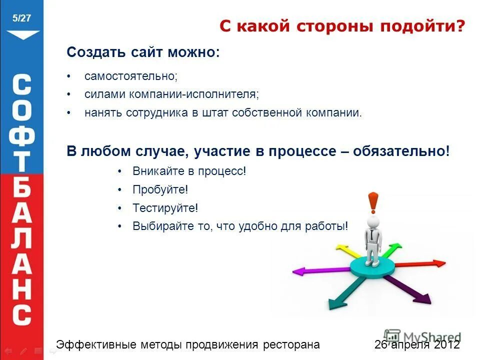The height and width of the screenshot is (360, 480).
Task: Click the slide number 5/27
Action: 22,18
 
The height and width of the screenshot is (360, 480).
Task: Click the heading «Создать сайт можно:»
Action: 143,52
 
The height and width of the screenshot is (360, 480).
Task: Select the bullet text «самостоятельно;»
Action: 131,76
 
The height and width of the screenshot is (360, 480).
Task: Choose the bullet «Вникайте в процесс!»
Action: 189,171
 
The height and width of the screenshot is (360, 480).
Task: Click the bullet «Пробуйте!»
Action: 160,189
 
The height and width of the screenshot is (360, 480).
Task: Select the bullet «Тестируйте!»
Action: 165,208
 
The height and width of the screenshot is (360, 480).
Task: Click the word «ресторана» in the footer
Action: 291,344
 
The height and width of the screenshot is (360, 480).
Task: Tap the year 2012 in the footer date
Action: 447,344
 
